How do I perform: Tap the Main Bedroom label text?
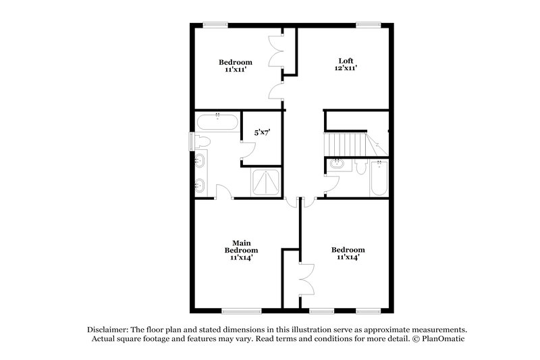click(242, 243)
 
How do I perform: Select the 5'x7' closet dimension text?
click(263, 132)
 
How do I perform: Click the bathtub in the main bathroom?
click(217, 123)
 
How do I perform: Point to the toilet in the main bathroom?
click(202, 141)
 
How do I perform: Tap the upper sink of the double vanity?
click(201, 161)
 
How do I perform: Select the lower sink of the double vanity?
click(201, 184)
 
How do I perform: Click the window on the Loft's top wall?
click(369, 25)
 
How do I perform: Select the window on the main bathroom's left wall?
click(191, 141)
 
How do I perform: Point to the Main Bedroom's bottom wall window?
click(242, 311)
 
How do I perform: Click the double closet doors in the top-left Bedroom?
click(275, 51)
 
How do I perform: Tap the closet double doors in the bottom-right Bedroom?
click(308, 278)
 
